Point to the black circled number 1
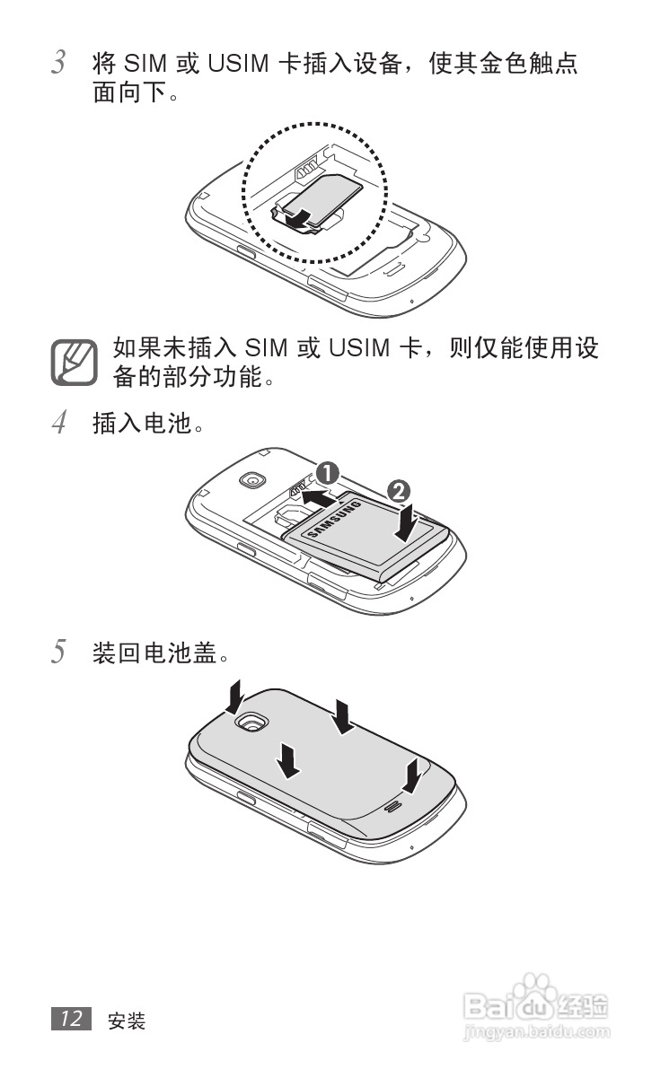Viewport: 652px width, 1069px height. [328, 473]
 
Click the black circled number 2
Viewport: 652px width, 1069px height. [400, 490]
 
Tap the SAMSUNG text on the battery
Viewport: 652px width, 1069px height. [335, 523]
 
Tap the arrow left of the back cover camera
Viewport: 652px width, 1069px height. [235, 693]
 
